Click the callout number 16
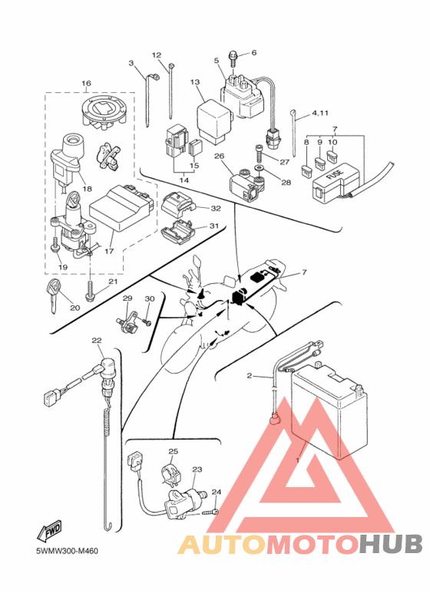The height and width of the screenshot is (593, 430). click(x=86, y=83)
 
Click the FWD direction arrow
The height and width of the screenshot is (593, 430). click(x=49, y=531)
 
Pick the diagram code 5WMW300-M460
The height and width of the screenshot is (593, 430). click(x=67, y=551)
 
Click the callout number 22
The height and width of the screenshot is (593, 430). click(x=97, y=341)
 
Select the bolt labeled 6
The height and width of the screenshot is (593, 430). click(x=234, y=60)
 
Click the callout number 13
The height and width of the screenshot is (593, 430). click(x=195, y=82)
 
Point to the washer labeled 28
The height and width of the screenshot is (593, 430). click(x=260, y=167)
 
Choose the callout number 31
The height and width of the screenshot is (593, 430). click(x=214, y=226)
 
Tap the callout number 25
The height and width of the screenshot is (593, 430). click(x=174, y=451)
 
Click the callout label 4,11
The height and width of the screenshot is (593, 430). click(x=320, y=113)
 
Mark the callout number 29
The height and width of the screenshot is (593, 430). click(x=127, y=298)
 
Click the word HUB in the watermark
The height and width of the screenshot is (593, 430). click(x=391, y=543)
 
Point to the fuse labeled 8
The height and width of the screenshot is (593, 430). click(x=306, y=170)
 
